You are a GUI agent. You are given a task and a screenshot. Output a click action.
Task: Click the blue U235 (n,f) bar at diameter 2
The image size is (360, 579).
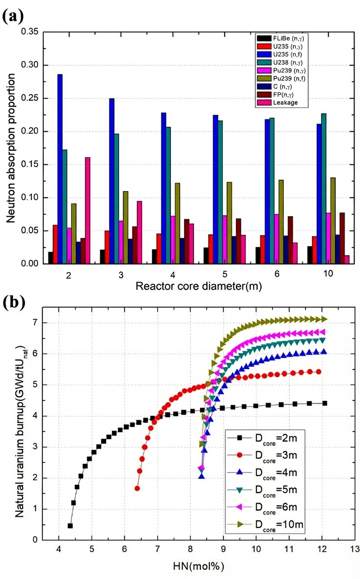(60, 169)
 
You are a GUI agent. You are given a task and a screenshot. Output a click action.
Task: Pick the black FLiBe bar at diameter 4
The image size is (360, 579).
(154, 256)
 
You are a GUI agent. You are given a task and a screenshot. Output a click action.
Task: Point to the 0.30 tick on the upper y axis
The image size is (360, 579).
(31, 65)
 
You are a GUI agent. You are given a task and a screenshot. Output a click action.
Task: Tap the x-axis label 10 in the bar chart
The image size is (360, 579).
(327, 274)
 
